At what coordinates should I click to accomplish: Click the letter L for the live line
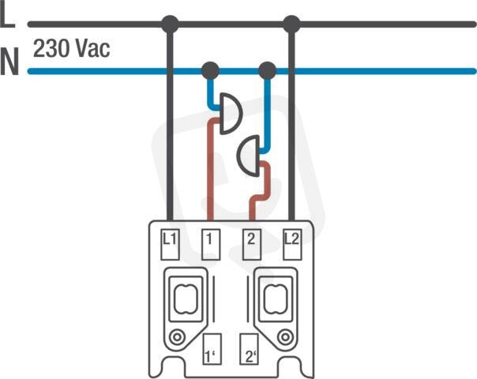[8, 14]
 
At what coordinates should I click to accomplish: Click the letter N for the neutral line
[9, 61]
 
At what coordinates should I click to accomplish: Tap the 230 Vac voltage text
[72, 49]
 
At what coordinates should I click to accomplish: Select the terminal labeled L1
[170, 245]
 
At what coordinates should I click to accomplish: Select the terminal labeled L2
[292, 245]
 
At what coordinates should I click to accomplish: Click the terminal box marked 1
[211, 245]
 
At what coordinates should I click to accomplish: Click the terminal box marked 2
[252, 245]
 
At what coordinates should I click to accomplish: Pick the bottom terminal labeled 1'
[212, 349]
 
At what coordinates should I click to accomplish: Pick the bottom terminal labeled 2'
[250, 349]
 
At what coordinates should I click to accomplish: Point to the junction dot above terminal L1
[170, 24]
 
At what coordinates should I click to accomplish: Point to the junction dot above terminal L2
[291, 24]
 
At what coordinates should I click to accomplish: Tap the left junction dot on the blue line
[210, 71]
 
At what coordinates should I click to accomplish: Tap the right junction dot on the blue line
[268, 71]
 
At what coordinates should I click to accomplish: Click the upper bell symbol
[231, 114]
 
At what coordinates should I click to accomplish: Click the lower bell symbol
[249, 156]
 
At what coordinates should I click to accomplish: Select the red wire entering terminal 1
[210, 171]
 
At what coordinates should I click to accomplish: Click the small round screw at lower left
[177, 337]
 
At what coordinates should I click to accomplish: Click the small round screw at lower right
[285, 337]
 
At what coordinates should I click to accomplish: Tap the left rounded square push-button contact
[186, 299]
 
